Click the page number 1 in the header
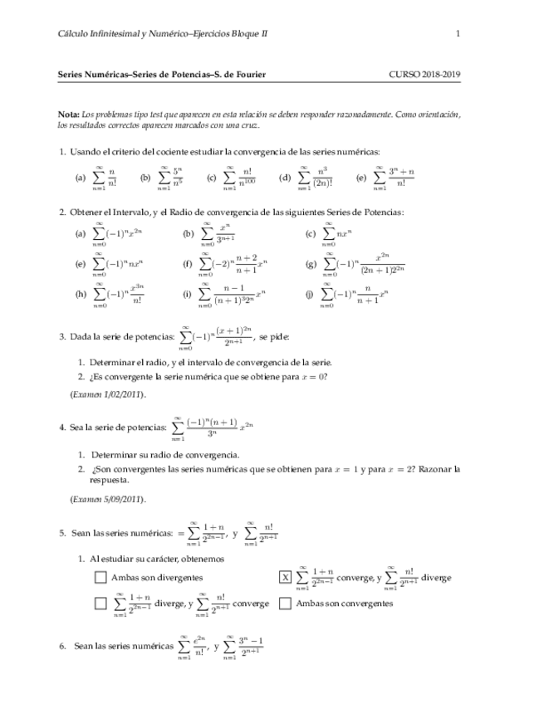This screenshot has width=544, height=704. tap(458, 33)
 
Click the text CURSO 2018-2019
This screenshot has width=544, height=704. tap(424, 74)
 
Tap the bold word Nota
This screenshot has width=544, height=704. tap(69, 114)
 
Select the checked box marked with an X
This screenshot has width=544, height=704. tap(285, 578)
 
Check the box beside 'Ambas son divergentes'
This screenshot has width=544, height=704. tap(100, 578)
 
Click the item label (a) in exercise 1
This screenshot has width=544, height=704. tap(81, 178)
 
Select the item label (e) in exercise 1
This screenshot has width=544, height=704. tap(360, 178)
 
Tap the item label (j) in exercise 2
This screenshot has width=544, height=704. tap(311, 293)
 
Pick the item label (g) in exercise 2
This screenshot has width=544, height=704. tap(311, 264)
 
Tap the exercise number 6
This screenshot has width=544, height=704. tap(62, 645)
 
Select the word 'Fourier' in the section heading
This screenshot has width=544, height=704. tap(250, 74)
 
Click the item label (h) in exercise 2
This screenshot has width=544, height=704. tap(81, 293)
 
